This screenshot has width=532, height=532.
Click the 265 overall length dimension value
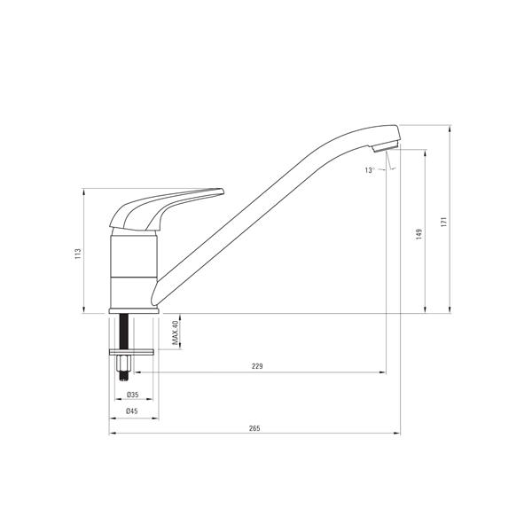[254, 428]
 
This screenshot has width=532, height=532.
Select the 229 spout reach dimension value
[257, 365]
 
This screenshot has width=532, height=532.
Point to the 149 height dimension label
[419, 234]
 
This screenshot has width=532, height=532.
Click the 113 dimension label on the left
[78, 254]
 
